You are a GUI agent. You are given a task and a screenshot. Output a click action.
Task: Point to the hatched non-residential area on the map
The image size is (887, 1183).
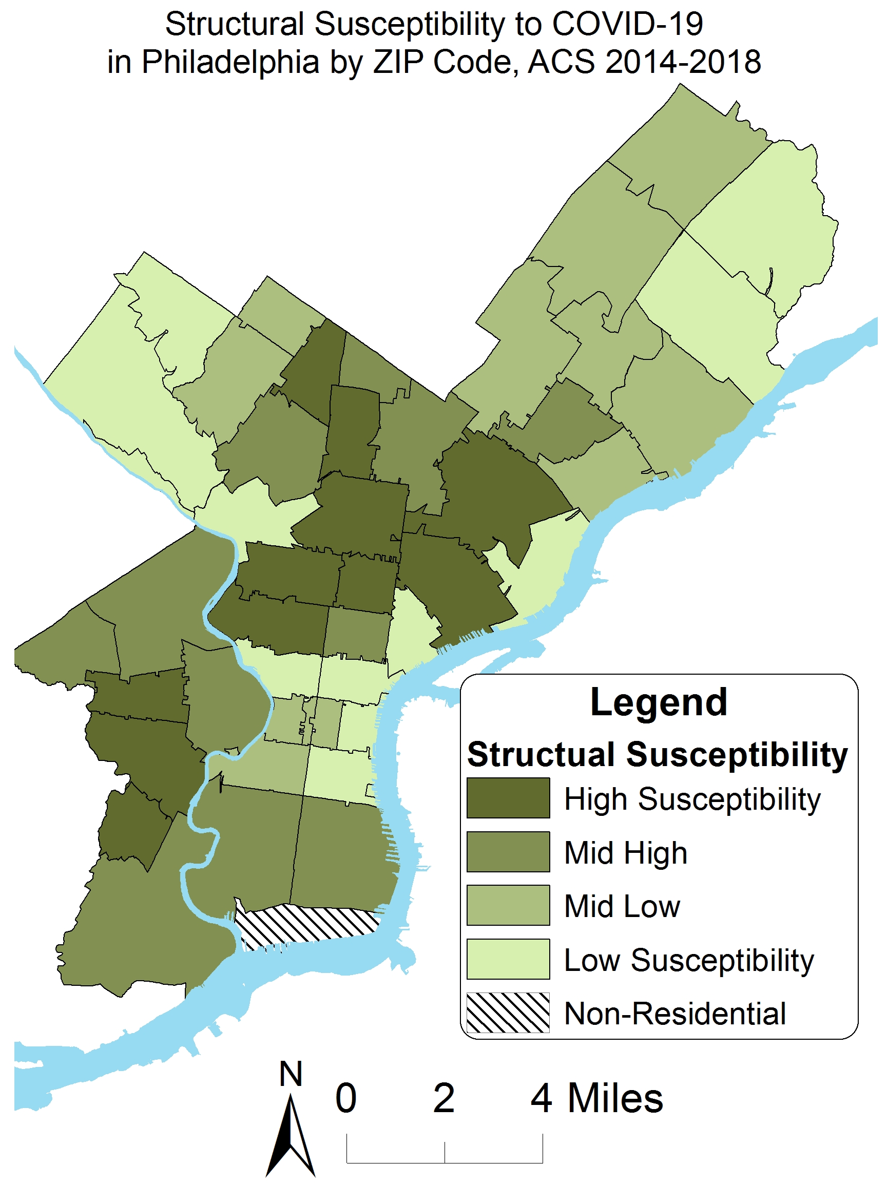click(307, 925)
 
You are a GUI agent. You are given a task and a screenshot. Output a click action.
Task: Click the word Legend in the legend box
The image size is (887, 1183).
click(658, 702)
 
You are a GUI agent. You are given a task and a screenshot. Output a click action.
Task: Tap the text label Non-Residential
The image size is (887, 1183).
click(674, 1013)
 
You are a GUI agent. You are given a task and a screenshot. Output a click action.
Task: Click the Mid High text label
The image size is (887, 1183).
click(625, 852)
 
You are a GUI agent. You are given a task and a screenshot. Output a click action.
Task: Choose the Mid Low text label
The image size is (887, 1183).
click(622, 906)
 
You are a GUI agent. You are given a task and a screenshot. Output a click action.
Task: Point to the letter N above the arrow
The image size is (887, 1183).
click(291, 1073)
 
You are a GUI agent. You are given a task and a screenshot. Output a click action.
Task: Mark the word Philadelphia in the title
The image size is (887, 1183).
click(230, 62)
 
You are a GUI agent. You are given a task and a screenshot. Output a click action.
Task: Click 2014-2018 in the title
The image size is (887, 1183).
click(683, 62)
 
